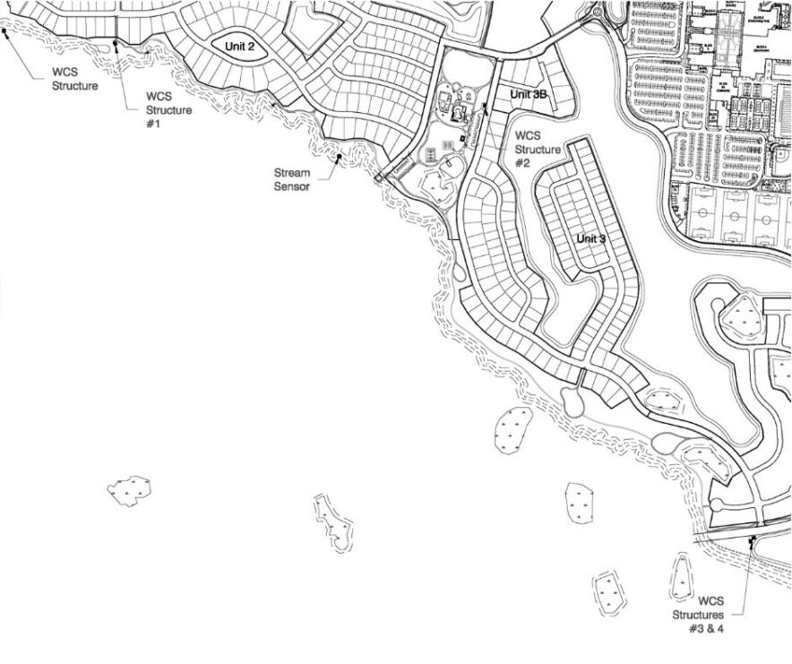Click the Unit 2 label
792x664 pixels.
pos(239,46)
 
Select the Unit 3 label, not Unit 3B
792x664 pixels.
pos(591,238)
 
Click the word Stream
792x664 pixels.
pos(290,173)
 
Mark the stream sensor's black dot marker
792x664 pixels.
pos(340,158)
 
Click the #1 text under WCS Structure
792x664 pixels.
pos(152,124)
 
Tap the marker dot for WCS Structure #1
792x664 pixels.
pos(116,42)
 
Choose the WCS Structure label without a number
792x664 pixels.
pos(74,80)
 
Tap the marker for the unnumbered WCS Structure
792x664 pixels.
pos(5,32)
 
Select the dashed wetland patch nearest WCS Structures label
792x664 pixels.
pos(683,580)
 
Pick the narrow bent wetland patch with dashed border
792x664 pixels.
pos(334,523)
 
